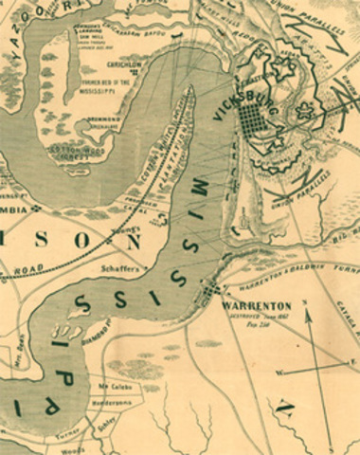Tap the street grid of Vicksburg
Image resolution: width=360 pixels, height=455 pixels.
click(x=251, y=119)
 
